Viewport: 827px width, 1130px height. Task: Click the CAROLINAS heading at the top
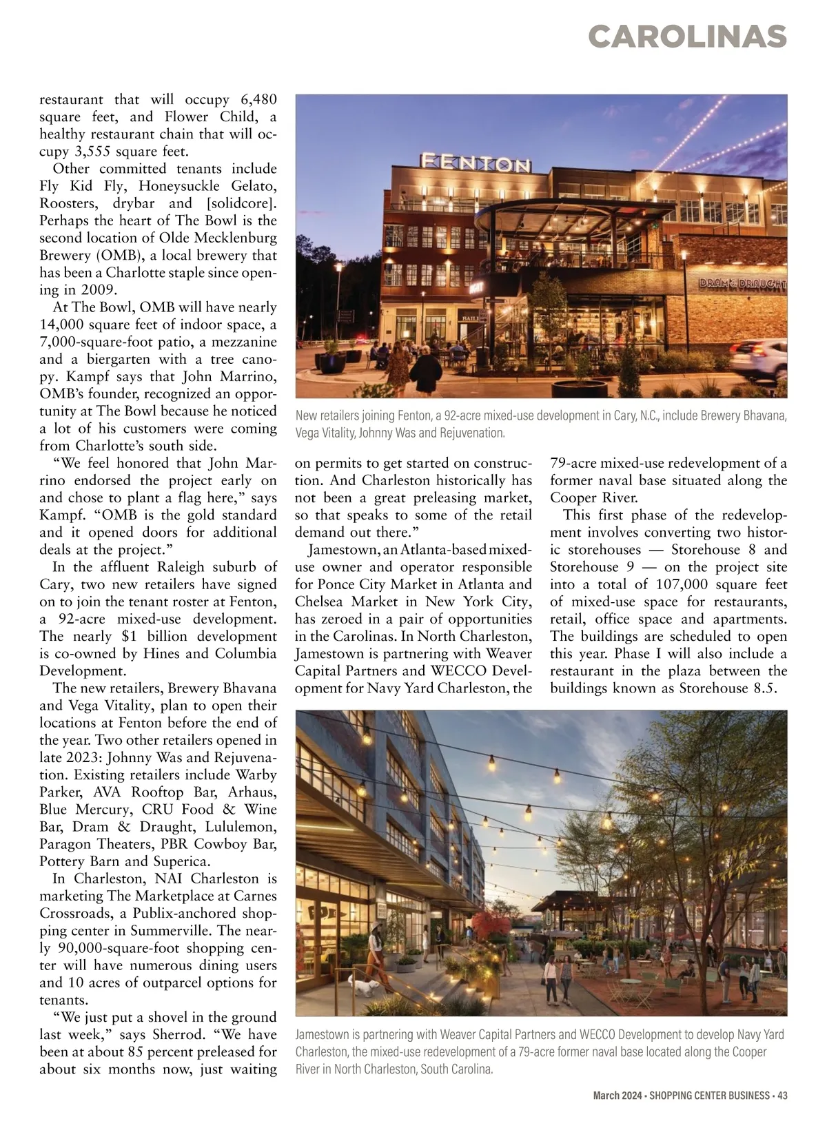(688, 37)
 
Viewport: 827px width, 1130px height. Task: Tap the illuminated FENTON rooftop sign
(476, 163)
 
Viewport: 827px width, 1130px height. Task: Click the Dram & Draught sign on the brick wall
(742, 283)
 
